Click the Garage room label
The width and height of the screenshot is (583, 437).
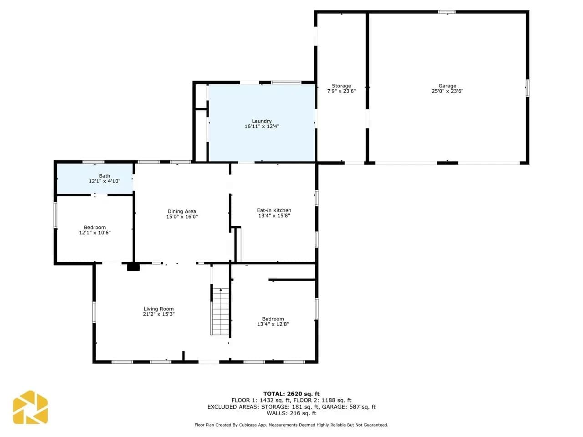click(x=447, y=86)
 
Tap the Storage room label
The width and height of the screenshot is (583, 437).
click(x=341, y=86)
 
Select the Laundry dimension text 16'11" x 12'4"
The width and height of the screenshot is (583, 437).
click(x=261, y=126)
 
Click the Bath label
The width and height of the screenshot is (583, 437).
click(x=104, y=176)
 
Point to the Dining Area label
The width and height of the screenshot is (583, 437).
click(x=182, y=211)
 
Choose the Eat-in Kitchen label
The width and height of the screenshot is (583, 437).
click(x=274, y=210)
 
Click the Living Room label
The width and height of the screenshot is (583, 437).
click(x=159, y=309)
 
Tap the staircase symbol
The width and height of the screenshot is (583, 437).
click(x=220, y=311)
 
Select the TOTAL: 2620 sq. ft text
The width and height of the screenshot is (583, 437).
click(x=291, y=394)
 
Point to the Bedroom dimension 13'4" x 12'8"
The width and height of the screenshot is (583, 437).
click(x=273, y=324)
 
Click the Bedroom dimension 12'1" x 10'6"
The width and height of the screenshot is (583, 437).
click(x=95, y=233)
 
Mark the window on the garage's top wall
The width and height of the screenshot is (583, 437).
click(x=447, y=12)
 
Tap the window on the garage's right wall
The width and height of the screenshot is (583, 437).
click(x=527, y=88)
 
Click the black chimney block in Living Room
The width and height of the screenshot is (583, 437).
click(x=133, y=267)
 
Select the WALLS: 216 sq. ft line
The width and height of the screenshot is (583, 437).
click(x=291, y=413)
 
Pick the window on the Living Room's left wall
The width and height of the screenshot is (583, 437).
click(x=94, y=312)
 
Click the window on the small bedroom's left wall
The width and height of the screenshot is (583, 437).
click(x=56, y=215)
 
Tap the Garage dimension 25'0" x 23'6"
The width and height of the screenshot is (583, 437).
click(x=447, y=91)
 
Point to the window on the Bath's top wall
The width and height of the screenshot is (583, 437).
click(x=93, y=162)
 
